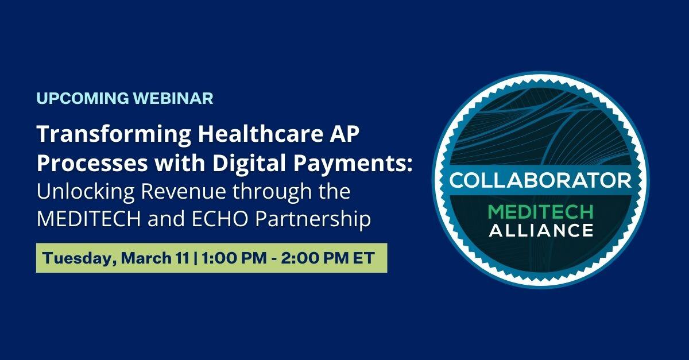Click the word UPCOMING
[83, 98]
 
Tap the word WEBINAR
[173, 98]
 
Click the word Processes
[92, 163]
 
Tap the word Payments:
[353, 164]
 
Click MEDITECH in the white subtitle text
[88, 219]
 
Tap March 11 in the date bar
[155, 258]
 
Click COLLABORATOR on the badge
[540, 180]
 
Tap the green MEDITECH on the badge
[540, 212]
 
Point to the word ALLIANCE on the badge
[541, 230]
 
